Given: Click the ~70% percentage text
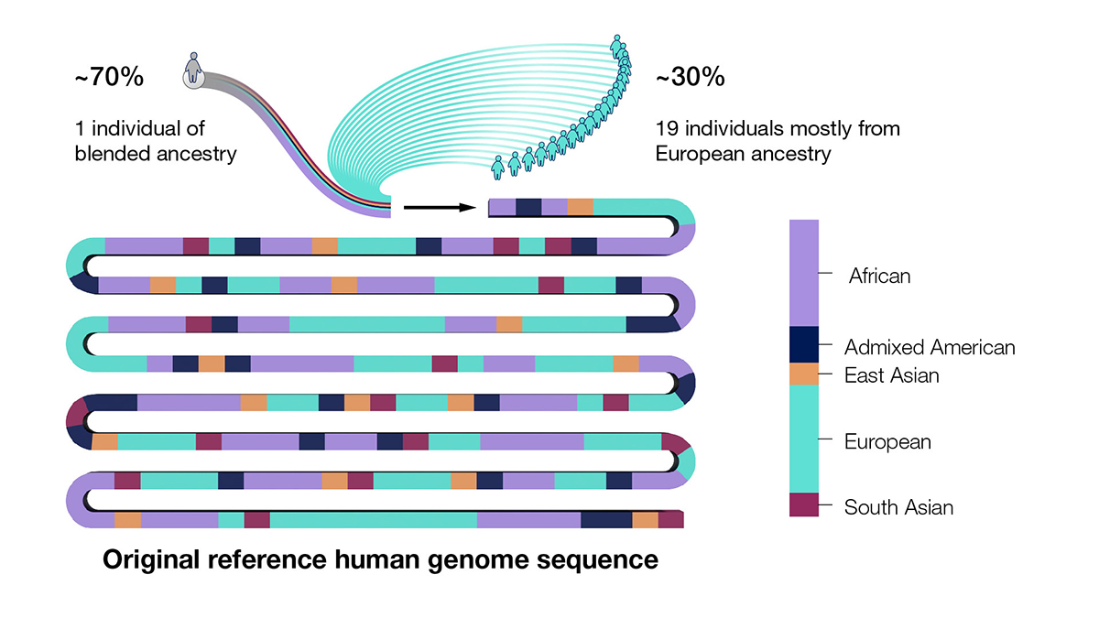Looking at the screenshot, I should coord(109,78).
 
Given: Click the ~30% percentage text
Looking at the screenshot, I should coord(691,78).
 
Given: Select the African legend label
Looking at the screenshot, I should coord(880,275).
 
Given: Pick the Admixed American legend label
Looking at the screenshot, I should coord(930,347).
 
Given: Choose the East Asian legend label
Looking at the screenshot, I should coord(891,375).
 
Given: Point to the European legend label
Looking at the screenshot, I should coord(887,442).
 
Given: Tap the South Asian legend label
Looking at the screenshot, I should coord(898,507).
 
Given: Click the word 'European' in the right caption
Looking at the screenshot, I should coord(697,153).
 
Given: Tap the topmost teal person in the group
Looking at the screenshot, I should coord(618,44).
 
